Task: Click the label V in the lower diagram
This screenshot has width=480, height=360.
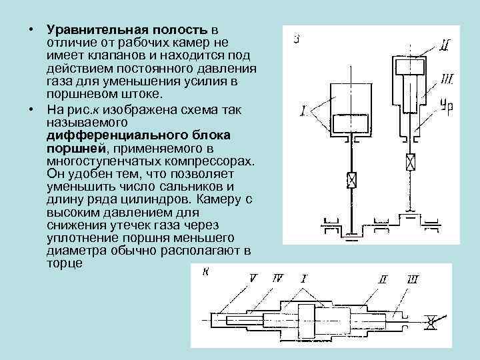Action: (253, 275)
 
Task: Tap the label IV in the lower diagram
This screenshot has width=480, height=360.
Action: (277, 275)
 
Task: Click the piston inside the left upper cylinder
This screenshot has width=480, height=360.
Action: (351, 123)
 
